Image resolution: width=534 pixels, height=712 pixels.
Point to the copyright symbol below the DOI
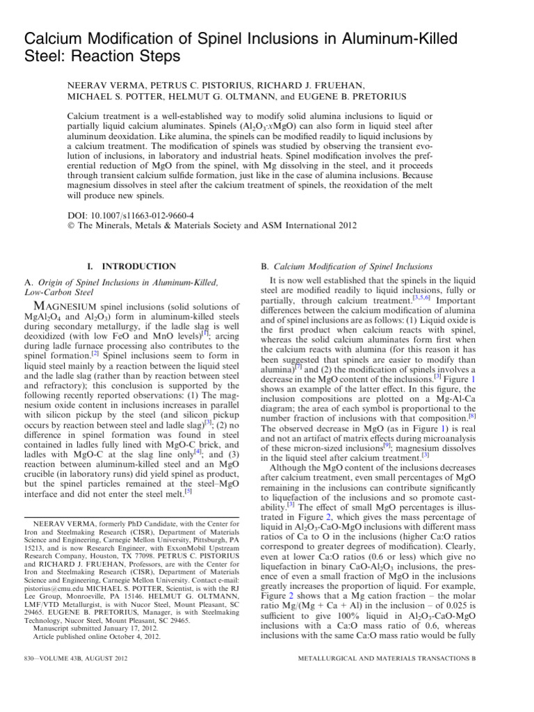pyautogui.click(x=70, y=208)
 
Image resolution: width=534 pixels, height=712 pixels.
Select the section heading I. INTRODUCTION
pyautogui.click(x=130, y=266)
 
